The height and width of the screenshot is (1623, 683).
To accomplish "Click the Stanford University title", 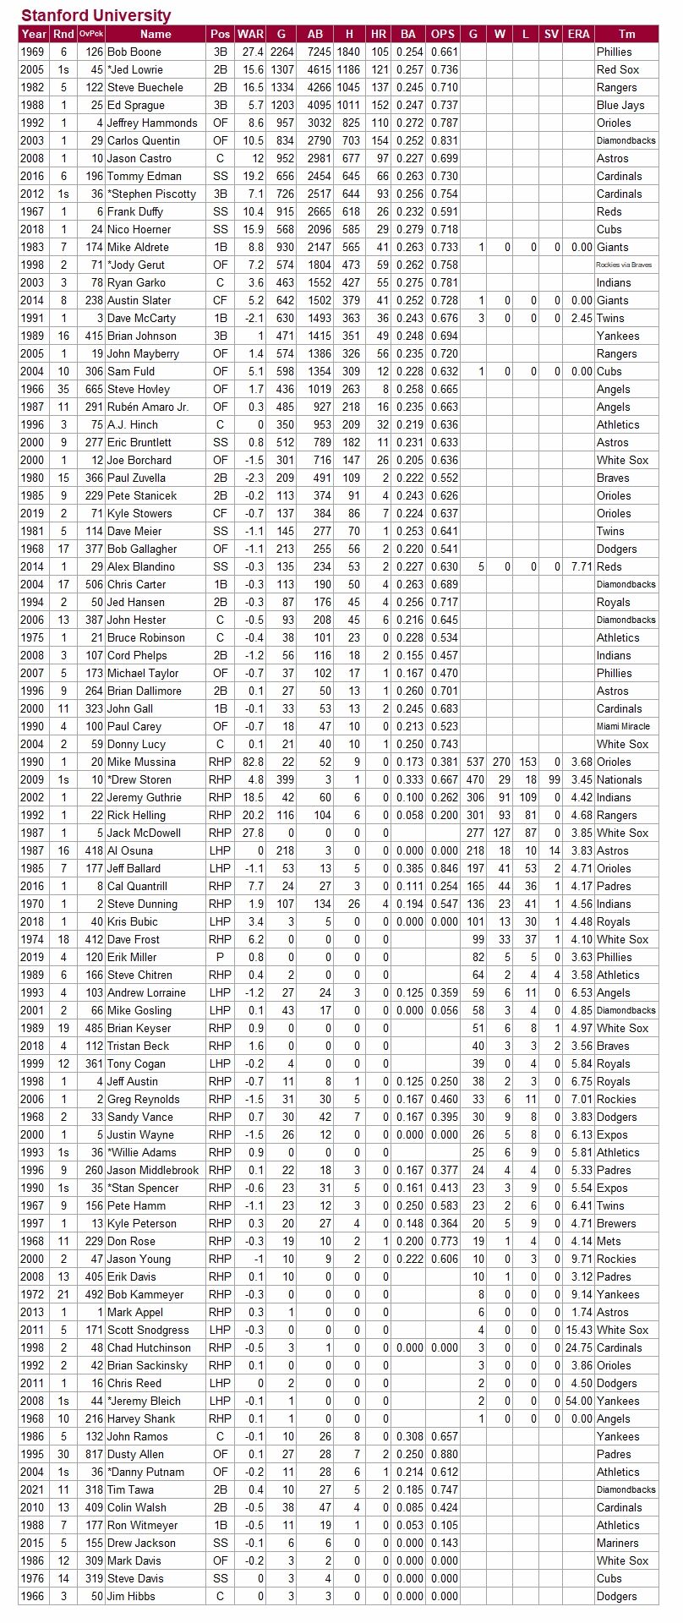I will (x=96, y=15).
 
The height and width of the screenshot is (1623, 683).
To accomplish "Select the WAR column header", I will (x=250, y=34).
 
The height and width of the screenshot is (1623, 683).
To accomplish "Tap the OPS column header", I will (x=443, y=34).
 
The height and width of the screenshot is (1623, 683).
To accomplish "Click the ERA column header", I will (x=579, y=34).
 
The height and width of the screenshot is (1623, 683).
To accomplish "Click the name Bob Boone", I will (x=134, y=52).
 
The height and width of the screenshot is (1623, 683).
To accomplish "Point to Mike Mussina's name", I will (x=141, y=762).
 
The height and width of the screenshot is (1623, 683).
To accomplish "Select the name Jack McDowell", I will (x=144, y=833).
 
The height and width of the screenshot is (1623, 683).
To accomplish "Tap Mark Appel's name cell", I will (x=135, y=1312).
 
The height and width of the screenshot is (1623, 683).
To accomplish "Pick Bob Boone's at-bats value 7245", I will (x=314, y=52).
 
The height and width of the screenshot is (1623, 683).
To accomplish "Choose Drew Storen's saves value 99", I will (x=553, y=779).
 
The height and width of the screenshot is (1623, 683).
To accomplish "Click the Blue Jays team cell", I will (x=620, y=105).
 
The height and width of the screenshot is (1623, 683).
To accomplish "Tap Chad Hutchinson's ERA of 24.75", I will (x=578, y=1347).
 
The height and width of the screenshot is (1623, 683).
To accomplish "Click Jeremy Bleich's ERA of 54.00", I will (x=578, y=1401).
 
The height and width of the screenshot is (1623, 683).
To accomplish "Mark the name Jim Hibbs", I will (x=131, y=1596).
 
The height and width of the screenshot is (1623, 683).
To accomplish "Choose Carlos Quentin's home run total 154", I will (x=380, y=140).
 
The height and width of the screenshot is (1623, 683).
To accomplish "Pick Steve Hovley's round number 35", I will (x=63, y=389).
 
